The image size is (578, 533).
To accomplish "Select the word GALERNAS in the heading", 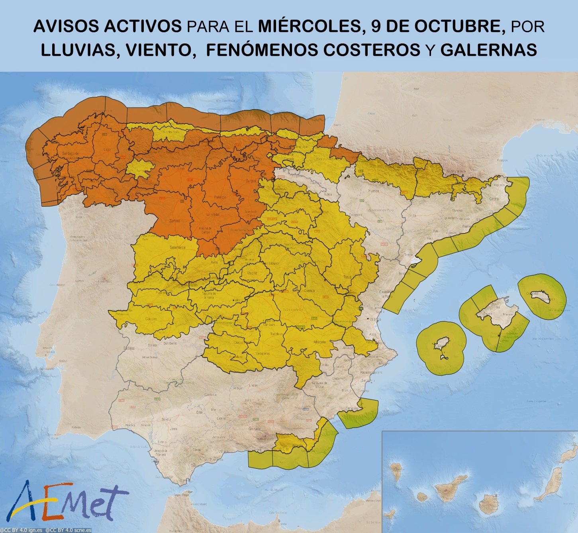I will click(x=489, y=50).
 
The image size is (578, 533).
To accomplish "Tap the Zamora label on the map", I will click(x=174, y=220).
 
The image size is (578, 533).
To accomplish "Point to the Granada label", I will click(x=254, y=429).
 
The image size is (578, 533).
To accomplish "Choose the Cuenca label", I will click(x=309, y=290).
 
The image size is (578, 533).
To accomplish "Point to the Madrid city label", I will click(x=252, y=273).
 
